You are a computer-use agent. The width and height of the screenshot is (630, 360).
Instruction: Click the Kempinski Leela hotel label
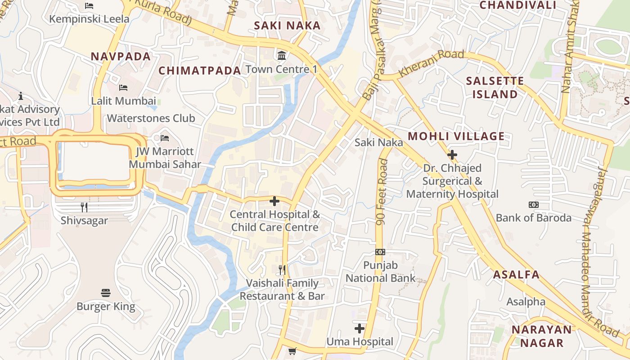click(x=89, y=19)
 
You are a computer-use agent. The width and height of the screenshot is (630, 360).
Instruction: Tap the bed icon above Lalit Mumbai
click(x=123, y=87)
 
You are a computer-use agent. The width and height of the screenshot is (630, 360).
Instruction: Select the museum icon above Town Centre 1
click(x=282, y=56)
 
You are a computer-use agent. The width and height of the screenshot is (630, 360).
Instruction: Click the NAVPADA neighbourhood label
click(x=121, y=56)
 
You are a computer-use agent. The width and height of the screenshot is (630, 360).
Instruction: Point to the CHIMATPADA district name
click(x=200, y=71)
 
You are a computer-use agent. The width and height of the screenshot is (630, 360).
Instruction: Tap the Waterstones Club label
click(x=151, y=118)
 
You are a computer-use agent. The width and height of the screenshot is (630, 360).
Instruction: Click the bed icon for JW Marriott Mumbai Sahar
click(x=165, y=138)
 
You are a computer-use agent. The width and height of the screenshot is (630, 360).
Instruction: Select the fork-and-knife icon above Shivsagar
click(x=84, y=207)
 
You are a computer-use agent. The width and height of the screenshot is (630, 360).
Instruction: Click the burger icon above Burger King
click(x=106, y=293)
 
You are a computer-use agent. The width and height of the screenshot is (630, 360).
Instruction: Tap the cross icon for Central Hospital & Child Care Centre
click(x=274, y=201)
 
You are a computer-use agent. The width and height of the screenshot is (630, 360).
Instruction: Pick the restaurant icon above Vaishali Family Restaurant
click(x=282, y=270)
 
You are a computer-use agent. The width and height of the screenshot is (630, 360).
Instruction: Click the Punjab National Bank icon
click(x=380, y=252)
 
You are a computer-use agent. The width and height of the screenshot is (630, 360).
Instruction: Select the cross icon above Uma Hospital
click(x=360, y=328)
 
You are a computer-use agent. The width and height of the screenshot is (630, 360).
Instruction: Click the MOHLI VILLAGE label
click(x=456, y=136)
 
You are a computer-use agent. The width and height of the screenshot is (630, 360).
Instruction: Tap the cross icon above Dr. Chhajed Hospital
click(x=452, y=155)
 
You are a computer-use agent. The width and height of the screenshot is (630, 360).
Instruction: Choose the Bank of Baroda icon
click(x=534, y=205)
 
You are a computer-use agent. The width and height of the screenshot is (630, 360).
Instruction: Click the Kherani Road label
click(x=431, y=63)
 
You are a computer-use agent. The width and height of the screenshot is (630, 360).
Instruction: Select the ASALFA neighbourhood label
click(x=516, y=274)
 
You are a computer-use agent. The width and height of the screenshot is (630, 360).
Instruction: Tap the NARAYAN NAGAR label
click(x=542, y=336)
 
